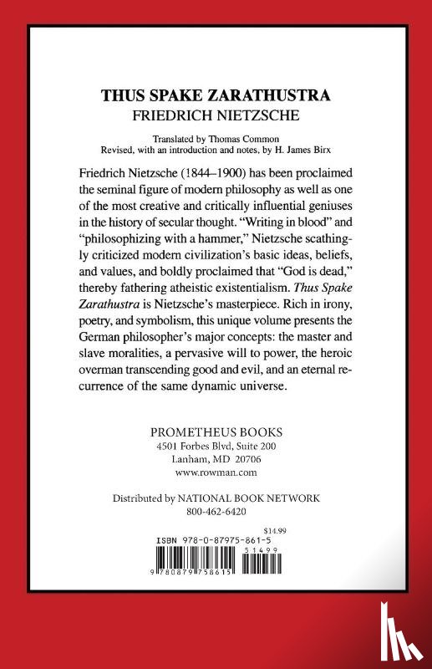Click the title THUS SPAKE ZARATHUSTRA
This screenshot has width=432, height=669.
[216, 95]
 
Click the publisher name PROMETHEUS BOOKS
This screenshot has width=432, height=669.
[216, 433]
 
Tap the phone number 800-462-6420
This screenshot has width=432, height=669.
[216, 511]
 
